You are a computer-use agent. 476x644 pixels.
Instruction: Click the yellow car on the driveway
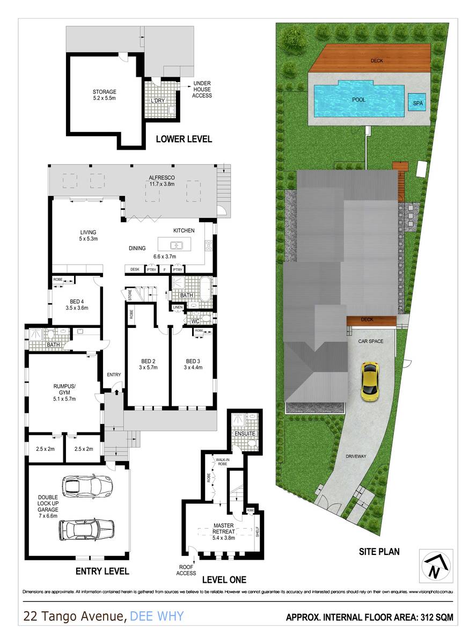(370, 381)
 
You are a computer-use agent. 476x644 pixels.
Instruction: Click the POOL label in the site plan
(358, 100)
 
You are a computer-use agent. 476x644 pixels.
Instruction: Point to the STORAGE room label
(104, 92)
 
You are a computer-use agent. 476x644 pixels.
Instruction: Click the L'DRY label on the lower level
(157, 101)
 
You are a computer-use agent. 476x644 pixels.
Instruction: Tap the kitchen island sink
(177, 246)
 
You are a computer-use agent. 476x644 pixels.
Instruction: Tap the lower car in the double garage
(86, 530)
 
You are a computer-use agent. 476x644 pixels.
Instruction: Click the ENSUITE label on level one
(245, 433)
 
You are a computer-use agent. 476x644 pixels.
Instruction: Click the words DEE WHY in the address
(157, 616)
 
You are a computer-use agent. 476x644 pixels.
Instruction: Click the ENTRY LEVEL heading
(102, 571)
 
